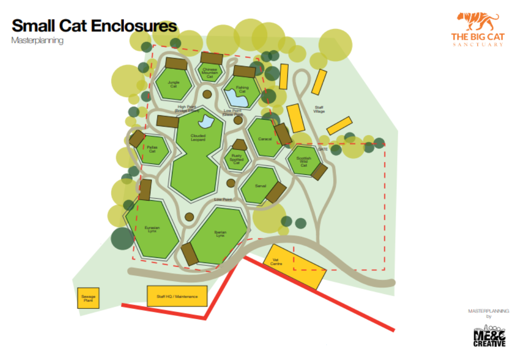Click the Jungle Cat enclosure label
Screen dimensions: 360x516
pyautogui.click(x=173, y=84)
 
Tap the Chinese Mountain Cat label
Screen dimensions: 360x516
pyautogui.click(x=209, y=73)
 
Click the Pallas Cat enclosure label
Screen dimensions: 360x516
pyautogui.click(x=152, y=150)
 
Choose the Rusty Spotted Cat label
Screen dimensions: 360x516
pyautogui.click(x=236, y=159)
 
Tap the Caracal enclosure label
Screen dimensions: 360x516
pyautogui.click(x=265, y=139)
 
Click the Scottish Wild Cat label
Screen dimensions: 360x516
pyautogui.click(x=304, y=161)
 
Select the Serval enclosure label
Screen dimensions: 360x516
pyautogui.click(x=261, y=186)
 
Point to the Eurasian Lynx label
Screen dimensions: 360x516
pyautogui.click(x=152, y=230)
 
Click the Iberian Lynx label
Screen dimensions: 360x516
pyautogui.click(x=220, y=233)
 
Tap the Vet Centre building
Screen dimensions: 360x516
pyautogui.click(x=294, y=266)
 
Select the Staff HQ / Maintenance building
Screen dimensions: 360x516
pyautogui.click(x=177, y=296)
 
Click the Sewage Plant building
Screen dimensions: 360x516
pyautogui.click(x=88, y=298)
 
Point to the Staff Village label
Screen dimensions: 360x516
pyautogui.click(x=319, y=109)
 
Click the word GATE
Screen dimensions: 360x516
pyautogui.click(x=322, y=149)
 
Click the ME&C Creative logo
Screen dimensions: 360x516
pyautogui.click(x=489, y=336)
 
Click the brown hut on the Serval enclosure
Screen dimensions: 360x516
pyautogui.click(x=276, y=192)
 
